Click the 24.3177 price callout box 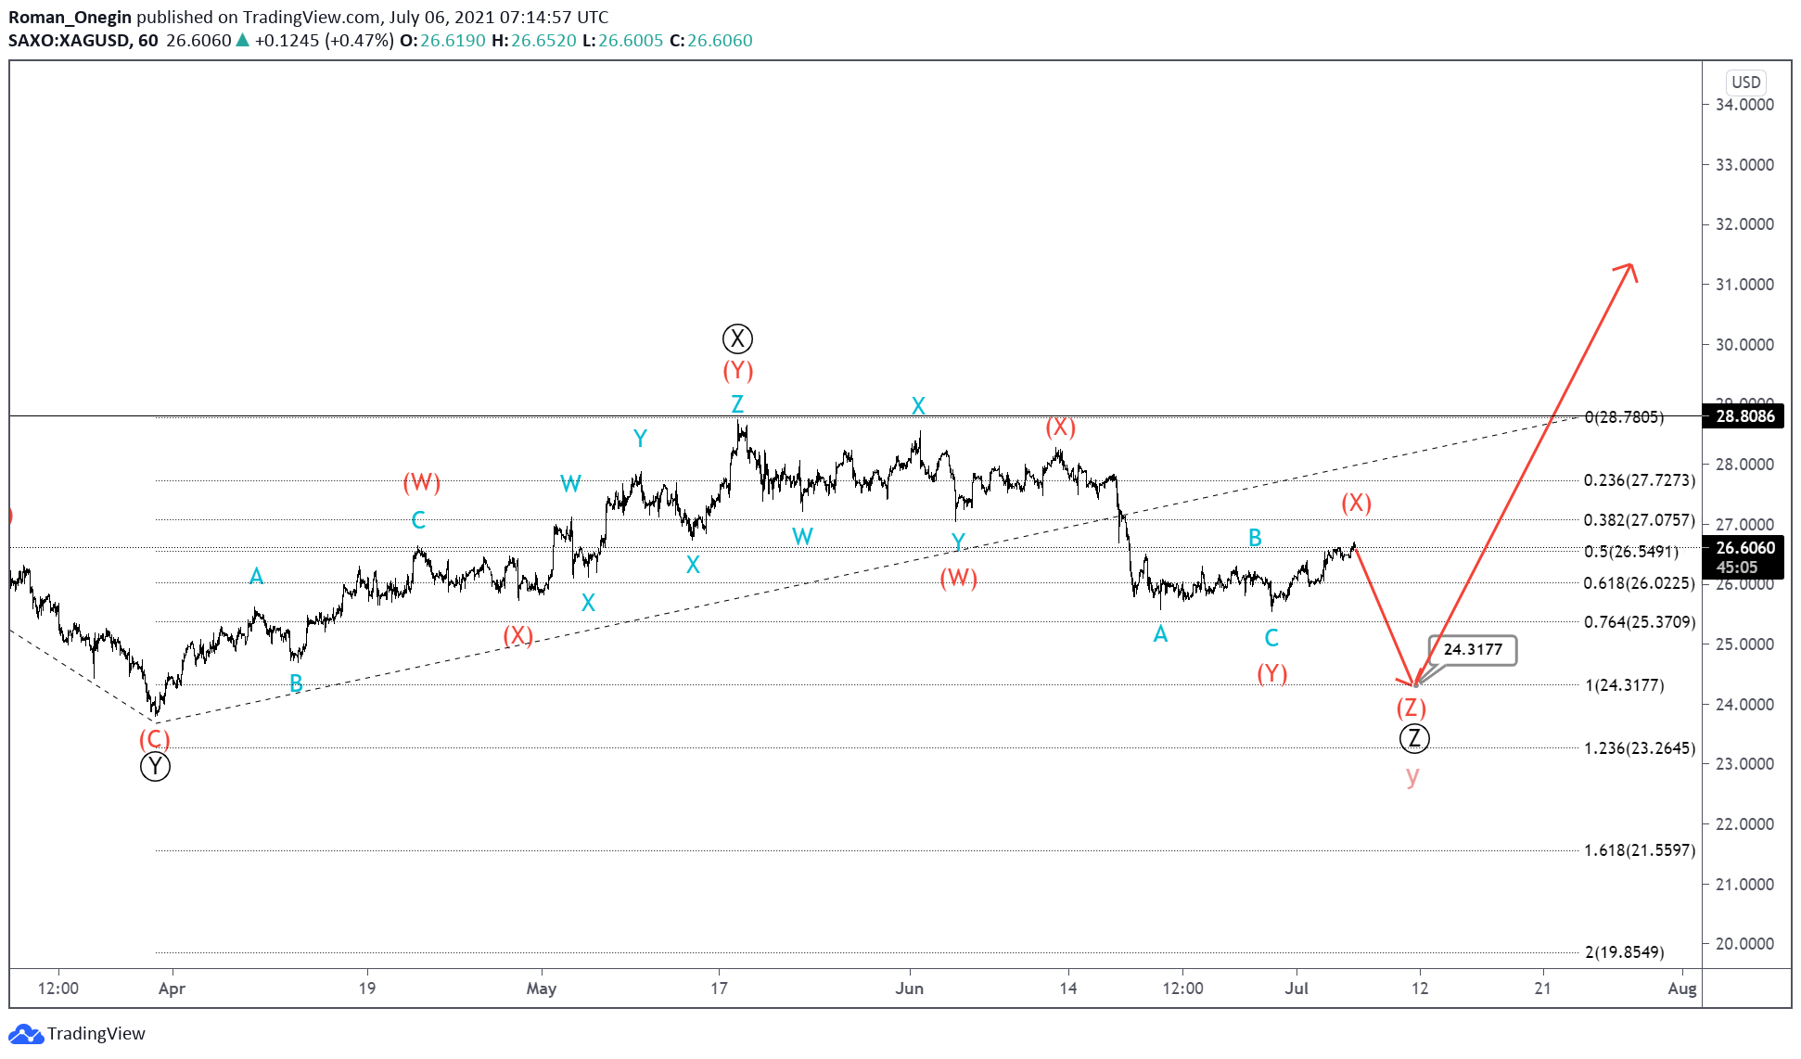pos(1472,650)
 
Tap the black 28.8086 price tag pos(1744,416)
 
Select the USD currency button pos(1745,82)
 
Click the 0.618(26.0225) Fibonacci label pos(1639,583)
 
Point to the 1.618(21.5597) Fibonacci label pos(1639,850)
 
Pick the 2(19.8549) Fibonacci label pos(1624,952)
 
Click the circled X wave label pos(737,338)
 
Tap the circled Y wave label pos(155,767)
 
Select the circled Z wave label pos(1414,738)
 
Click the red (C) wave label pos(155,739)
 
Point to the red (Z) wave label pos(1411,708)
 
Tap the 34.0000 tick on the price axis pos(1744,105)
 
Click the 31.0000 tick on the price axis pos(1744,285)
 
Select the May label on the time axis pos(542,989)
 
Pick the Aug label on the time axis pos(1681,989)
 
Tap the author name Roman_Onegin pos(70,17)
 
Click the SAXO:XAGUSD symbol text pos(69,41)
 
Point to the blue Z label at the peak pos(737,404)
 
